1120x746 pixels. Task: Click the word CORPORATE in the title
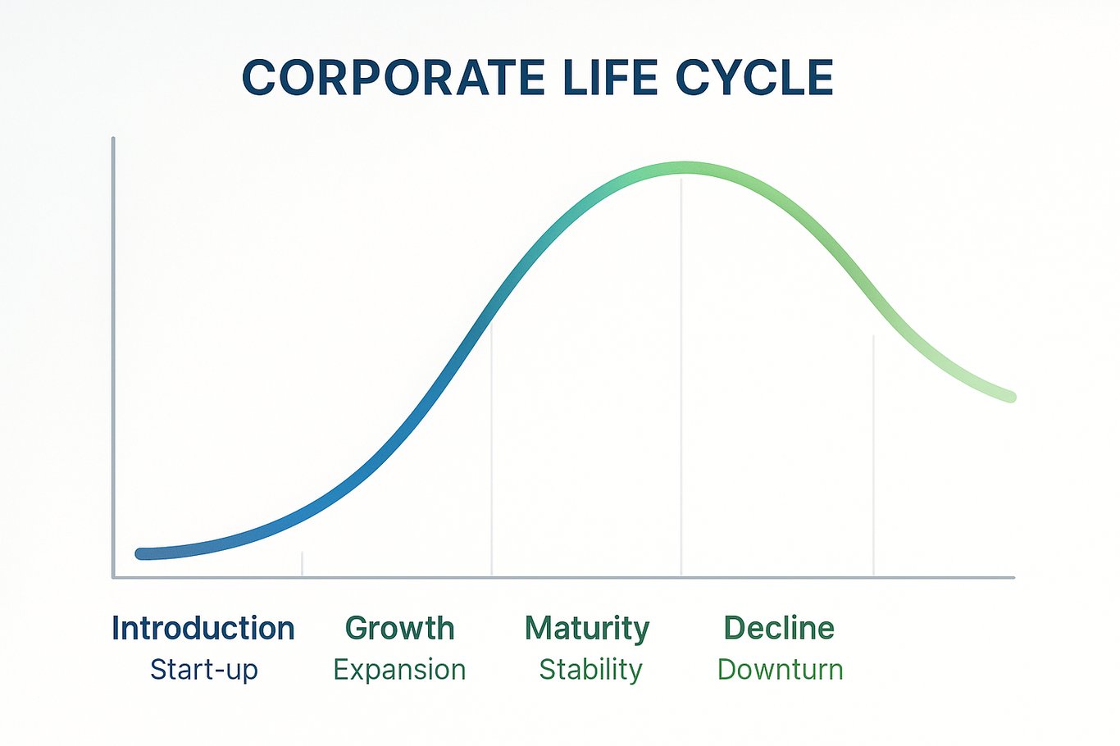tap(393, 78)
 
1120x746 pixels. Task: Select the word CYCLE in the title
tap(754, 78)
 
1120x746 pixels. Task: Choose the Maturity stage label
tap(587, 629)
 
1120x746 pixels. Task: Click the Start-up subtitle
tap(204, 670)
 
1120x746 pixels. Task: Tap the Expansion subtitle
tap(399, 671)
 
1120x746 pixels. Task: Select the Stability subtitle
tap(590, 671)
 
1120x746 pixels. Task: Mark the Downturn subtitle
tap(780, 670)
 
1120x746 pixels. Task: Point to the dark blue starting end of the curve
tap(142, 553)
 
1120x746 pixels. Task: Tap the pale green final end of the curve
tap(1010, 397)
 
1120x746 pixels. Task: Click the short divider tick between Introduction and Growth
tap(302, 563)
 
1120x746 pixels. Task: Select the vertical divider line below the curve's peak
tap(681, 376)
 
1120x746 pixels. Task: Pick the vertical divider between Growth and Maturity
tap(491, 449)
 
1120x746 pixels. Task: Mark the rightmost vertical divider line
tap(873, 456)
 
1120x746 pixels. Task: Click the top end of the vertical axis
tap(113, 138)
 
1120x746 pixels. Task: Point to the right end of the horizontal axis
tap(1013, 577)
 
